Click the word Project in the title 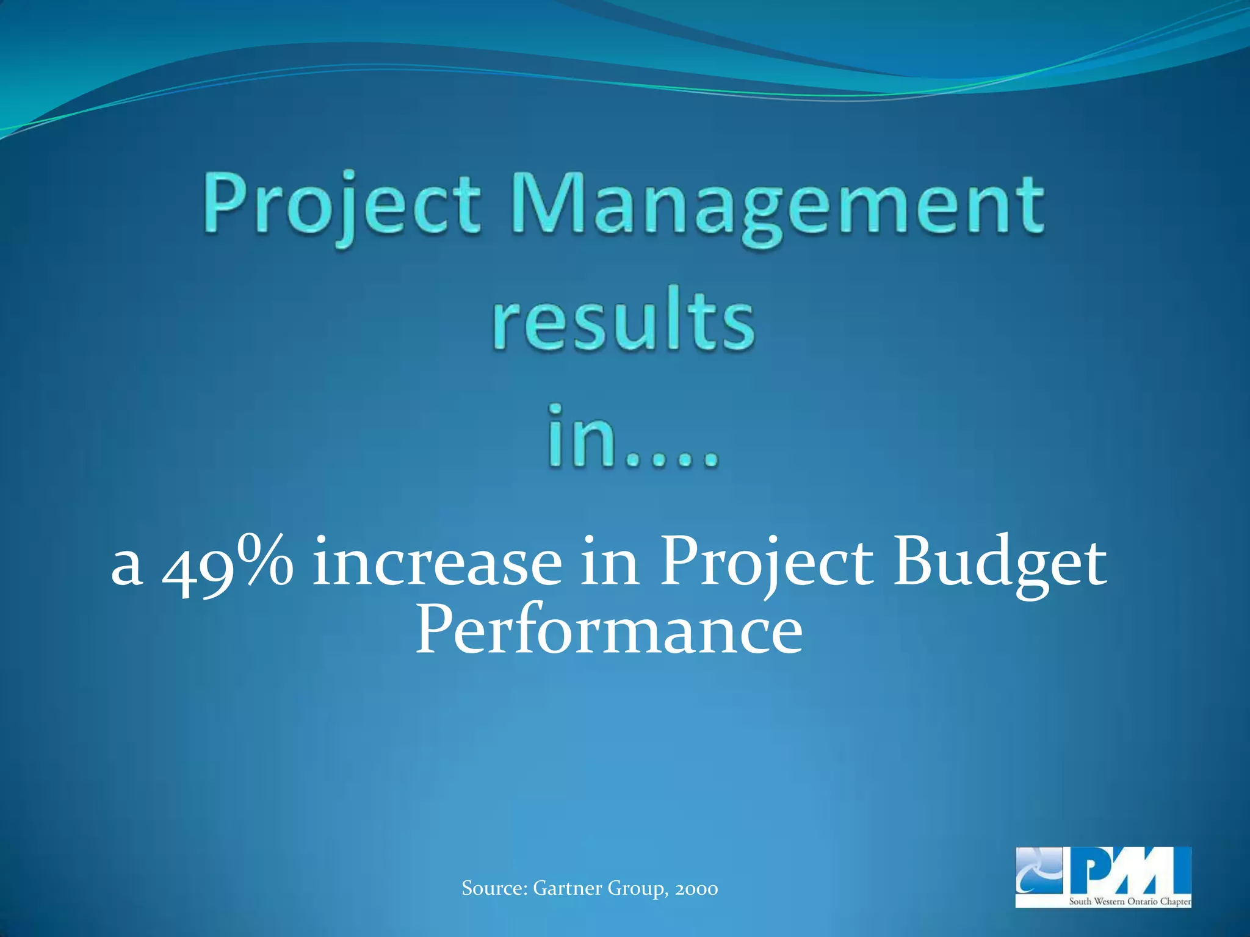(x=342, y=205)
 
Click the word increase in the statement (x=437, y=561)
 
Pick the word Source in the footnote (x=494, y=888)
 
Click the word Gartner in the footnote (x=567, y=888)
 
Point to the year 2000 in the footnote (x=696, y=889)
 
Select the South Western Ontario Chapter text (x=1129, y=901)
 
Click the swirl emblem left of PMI (x=1038, y=869)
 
